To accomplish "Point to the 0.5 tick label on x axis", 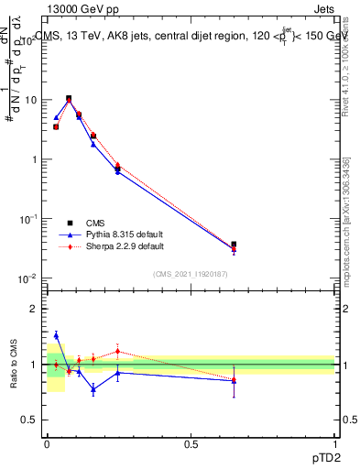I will (191, 444).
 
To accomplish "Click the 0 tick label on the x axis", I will (47, 444).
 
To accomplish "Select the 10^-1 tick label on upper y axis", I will (30, 218).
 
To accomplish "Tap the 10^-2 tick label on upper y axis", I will (30, 278).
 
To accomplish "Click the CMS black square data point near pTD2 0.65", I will (234, 245).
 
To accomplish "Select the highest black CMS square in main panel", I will (69, 98).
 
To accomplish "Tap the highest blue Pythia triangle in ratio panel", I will (56, 335).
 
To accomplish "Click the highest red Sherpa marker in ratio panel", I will (117, 351).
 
